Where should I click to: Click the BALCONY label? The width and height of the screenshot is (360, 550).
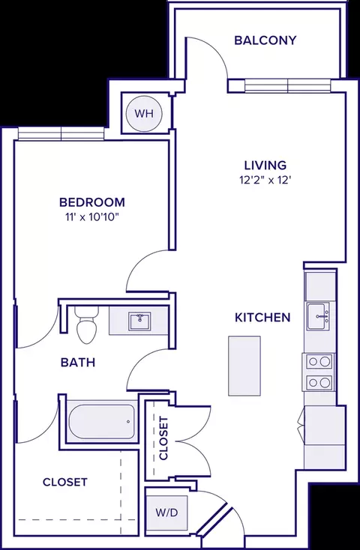click(x=265, y=40)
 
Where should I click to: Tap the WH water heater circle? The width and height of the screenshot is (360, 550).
click(x=144, y=114)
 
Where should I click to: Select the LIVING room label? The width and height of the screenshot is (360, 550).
click(x=265, y=165)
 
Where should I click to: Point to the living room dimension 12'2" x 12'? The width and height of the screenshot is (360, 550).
click(x=265, y=181)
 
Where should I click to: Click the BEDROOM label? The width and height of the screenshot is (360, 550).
click(x=92, y=202)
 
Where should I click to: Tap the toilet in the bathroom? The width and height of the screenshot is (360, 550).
click(x=87, y=325)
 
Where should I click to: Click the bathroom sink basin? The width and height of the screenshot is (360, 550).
click(x=139, y=321)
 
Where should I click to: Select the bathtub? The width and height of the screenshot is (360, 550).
click(x=101, y=421)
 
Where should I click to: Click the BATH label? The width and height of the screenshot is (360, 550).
click(x=77, y=363)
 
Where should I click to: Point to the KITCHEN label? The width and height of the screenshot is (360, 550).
click(x=262, y=318)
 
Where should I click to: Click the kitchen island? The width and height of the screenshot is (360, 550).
click(x=244, y=366)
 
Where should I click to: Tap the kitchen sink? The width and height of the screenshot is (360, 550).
click(x=318, y=316)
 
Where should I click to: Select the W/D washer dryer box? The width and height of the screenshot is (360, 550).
click(x=166, y=513)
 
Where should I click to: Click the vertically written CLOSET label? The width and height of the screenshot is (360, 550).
click(x=163, y=438)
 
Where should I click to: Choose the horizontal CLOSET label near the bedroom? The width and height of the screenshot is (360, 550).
click(x=65, y=482)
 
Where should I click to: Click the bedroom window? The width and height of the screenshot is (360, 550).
click(x=61, y=133)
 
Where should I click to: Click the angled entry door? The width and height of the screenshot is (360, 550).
click(x=214, y=523)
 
